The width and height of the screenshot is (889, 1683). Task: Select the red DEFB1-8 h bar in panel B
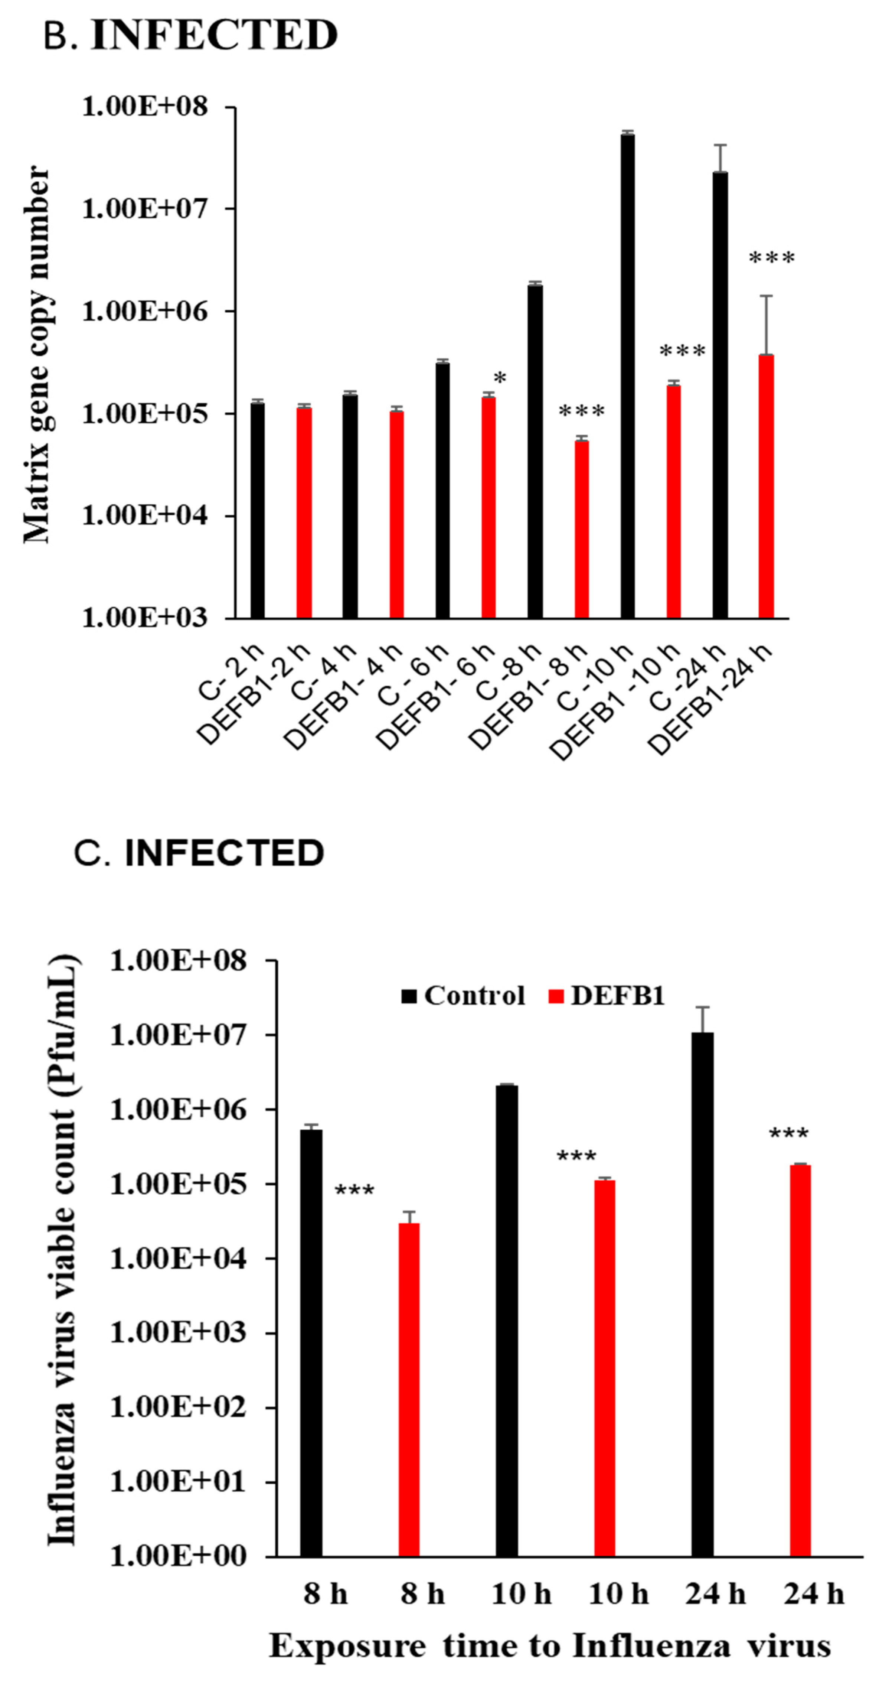pyautogui.click(x=581, y=529)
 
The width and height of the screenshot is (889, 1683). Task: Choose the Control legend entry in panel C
pyautogui.click(x=463, y=995)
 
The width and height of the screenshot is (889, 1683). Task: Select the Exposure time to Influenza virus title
pyautogui.click(x=550, y=1646)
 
